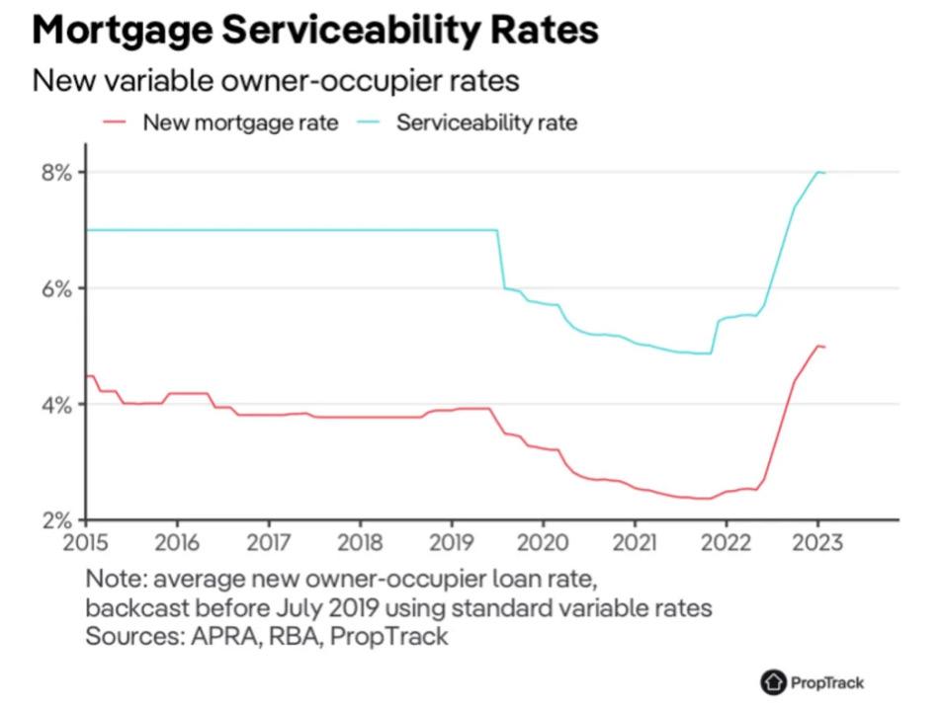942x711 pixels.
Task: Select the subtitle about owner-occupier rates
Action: click(276, 79)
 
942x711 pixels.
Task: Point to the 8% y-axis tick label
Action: click(56, 173)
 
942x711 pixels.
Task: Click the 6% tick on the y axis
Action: click(56, 289)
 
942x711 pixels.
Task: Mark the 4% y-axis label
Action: click(56, 405)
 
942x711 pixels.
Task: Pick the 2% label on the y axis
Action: click(56, 520)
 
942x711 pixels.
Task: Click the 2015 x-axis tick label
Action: click(86, 542)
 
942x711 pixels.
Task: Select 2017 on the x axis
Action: click(268, 542)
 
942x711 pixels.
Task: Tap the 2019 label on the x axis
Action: click(451, 542)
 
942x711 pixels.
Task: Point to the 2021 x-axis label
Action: click(635, 542)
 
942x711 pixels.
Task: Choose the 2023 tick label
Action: click(817, 542)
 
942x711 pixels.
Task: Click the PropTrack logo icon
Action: click(772, 681)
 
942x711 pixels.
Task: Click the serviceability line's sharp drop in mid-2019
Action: click(500, 259)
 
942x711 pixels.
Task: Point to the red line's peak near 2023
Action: click(817, 345)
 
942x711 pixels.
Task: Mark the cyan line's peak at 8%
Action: click(818, 172)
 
